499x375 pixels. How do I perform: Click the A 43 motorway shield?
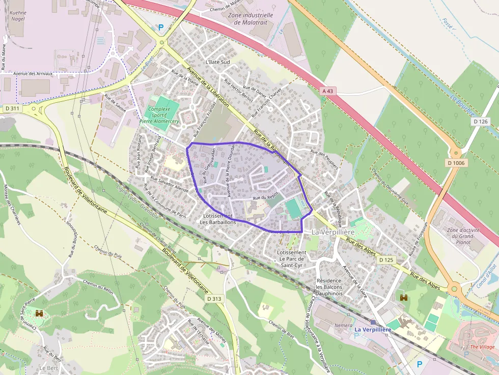(329, 91)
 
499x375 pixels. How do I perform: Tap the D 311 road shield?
(12, 108)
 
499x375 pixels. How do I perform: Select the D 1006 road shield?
(456, 163)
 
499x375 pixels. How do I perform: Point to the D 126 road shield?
(481, 122)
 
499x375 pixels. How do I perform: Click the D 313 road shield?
(214, 299)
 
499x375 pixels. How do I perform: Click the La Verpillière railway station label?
(373, 330)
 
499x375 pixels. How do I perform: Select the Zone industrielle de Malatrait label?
(251, 19)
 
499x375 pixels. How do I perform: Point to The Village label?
(482, 347)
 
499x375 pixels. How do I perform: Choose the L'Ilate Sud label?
(218, 62)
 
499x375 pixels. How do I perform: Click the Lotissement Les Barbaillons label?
(217, 219)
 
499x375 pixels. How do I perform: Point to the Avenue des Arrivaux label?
(33, 74)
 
